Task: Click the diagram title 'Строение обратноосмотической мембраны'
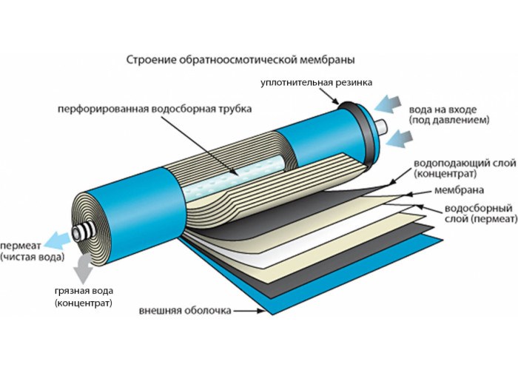pos(240,61)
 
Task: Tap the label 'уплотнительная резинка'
pos(317,83)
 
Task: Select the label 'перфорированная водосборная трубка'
pos(155,109)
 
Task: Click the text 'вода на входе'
pos(443,110)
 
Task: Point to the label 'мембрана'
pos(459,190)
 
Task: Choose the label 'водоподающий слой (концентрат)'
pos(465,168)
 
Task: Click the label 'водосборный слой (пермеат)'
pos(481,213)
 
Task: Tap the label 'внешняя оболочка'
pos(185,311)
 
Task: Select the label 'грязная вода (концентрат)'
pos(84,297)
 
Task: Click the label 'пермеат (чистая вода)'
pos(32,251)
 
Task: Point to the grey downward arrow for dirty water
pos(83,269)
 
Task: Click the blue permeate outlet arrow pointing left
pos(57,240)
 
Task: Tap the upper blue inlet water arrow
pos(388,104)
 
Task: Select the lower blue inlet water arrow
pos(399,139)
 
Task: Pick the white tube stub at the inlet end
pos(382,127)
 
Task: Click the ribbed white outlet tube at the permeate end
pos(84,230)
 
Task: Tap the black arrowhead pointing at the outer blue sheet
pos(261,311)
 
